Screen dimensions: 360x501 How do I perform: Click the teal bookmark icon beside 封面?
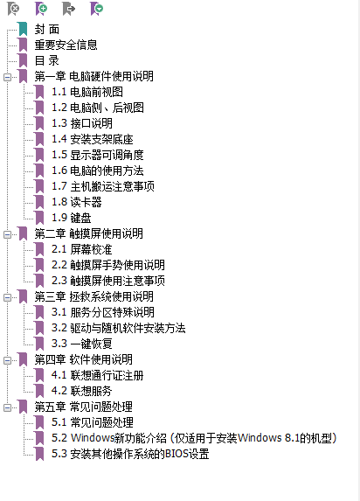coord(23,29)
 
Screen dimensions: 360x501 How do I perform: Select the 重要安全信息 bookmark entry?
coord(66,45)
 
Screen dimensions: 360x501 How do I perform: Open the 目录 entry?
coord(46,60)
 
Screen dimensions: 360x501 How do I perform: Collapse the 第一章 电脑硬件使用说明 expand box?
coord(7,77)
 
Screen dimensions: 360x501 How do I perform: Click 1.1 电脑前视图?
coord(87,92)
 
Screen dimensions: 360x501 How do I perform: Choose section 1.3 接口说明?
coord(82,123)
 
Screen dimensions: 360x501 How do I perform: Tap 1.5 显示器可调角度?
coord(98,155)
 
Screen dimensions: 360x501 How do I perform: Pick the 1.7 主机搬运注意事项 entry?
coord(103,186)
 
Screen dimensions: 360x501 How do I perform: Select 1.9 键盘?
coord(72,218)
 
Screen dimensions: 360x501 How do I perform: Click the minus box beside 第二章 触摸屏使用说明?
coord(7,234)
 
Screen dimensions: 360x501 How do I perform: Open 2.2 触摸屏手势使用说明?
coord(108,265)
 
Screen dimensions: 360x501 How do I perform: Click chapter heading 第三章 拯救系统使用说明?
coord(93,296)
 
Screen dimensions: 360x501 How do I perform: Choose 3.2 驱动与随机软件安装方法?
coord(119,328)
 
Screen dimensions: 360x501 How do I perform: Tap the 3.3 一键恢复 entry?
coord(82,344)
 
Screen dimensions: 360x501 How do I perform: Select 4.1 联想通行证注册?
coord(98,375)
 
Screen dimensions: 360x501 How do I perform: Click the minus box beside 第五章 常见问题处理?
coord(7,407)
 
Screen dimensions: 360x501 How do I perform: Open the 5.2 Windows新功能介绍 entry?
coord(194,438)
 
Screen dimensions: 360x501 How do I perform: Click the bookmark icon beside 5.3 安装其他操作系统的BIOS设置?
coord(39,454)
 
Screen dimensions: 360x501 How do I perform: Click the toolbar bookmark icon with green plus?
coord(41,9)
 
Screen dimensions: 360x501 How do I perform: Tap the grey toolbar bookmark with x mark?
coord(13,9)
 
